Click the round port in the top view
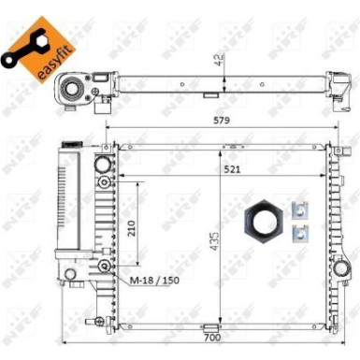pyautogui.click(x=71, y=91)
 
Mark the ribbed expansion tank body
pyautogui.click(x=71, y=201)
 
